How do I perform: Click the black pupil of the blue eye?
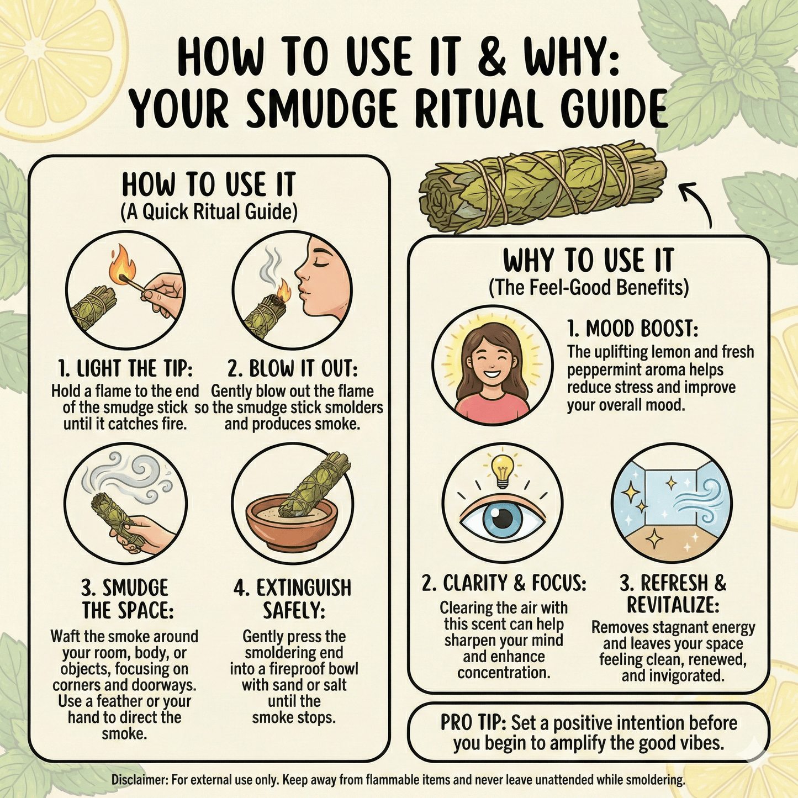(503, 517)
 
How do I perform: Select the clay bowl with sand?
(292, 525)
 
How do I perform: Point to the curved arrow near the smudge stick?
(700, 202)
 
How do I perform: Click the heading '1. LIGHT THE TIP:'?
(125, 368)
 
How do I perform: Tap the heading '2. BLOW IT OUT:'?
(292, 368)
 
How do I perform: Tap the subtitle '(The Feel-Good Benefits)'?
(589, 288)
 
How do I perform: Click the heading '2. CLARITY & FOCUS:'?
(504, 583)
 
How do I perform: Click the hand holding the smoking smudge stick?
(141, 535)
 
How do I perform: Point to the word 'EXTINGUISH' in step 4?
(292, 587)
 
